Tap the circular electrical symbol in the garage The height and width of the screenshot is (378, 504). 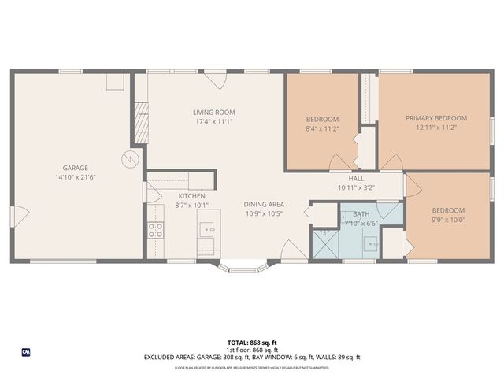click(128, 160)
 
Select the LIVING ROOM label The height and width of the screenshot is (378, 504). click(214, 113)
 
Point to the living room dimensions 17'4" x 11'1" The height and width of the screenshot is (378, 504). click(214, 121)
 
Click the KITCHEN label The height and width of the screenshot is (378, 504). click(191, 196)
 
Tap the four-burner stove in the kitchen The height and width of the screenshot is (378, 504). click(156, 231)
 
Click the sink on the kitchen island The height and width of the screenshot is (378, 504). click(208, 230)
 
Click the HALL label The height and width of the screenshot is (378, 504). click(356, 179)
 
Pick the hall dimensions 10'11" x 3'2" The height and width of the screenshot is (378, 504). click(356, 187)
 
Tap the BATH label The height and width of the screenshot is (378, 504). click(361, 214)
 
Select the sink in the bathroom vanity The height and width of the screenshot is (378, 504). click(372, 244)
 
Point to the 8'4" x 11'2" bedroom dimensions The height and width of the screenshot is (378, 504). click(322, 127)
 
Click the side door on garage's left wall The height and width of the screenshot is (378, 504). click(20, 213)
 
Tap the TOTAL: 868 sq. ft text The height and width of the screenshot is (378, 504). click(251, 343)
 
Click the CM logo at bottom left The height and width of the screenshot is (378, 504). click(25, 351)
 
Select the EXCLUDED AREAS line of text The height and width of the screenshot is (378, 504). click(251, 357)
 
